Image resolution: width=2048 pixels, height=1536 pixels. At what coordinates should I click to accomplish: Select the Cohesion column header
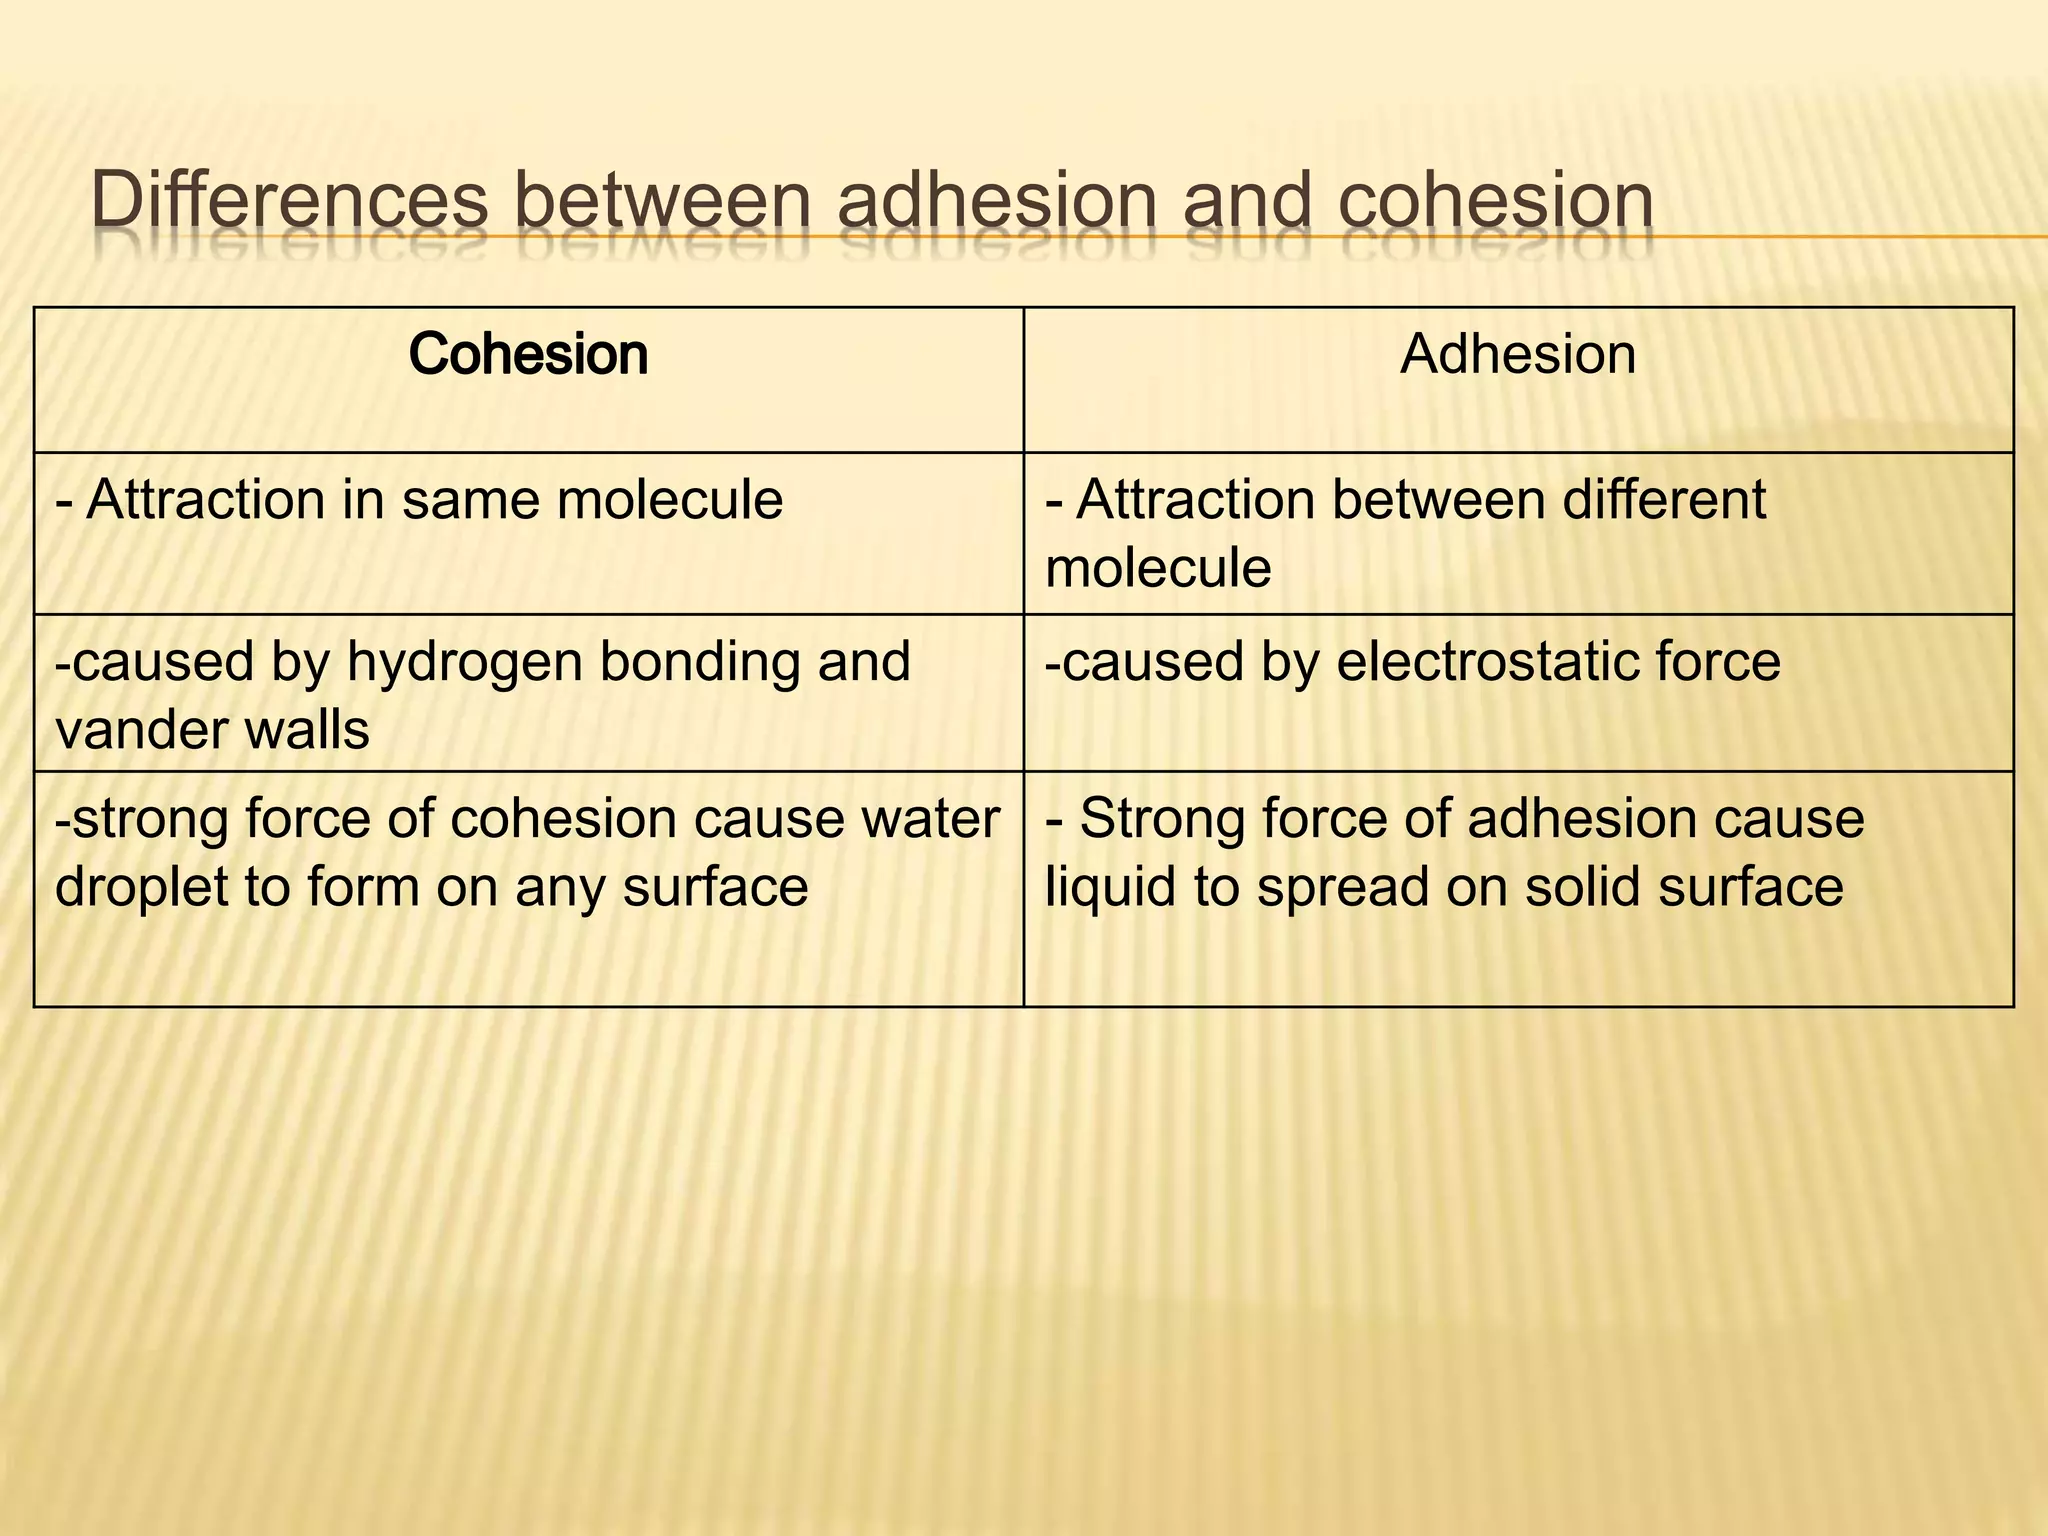(528, 354)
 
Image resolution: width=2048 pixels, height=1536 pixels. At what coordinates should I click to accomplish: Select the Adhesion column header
(1517, 354)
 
